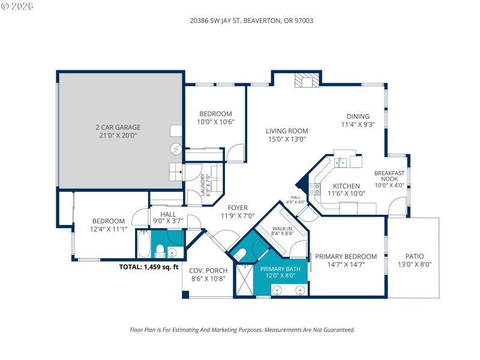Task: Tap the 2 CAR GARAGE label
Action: tap(118, 127)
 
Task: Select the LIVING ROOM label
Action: tap(287, 131)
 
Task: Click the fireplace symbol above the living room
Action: tap(307, 80)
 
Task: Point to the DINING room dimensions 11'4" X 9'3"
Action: tap(358, 125)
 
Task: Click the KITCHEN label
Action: tap(346, 186)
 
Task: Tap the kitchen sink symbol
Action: tap(340, 161)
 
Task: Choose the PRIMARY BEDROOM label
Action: tap(346, 256)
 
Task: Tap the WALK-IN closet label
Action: tap(283, 229)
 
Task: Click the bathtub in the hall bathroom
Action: tap(143, 246)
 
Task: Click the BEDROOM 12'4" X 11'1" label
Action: tap(108, 224)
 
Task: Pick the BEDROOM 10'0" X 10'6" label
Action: tap(215, 118)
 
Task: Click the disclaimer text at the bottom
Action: tap(242, 329)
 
